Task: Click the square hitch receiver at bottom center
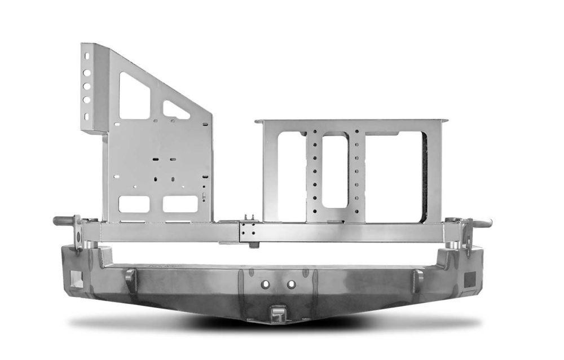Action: [276, 312]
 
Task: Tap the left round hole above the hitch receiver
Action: [263, 285]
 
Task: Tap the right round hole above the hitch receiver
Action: [291, 285]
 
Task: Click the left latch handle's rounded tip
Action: [57, 221]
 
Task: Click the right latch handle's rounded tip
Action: [488, 222]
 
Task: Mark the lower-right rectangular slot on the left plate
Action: [180, 204]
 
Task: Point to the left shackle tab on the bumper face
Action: [130, 278]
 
